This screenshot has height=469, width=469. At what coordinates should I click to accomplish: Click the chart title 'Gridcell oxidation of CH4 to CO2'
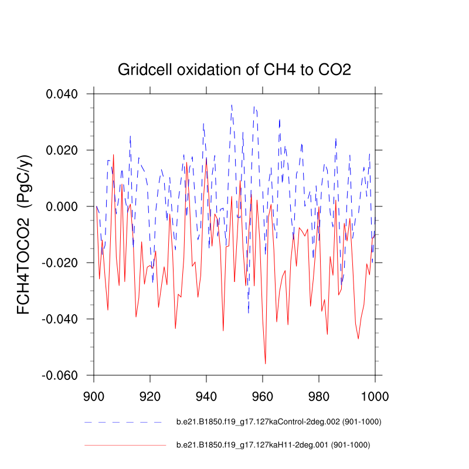coord(235,70)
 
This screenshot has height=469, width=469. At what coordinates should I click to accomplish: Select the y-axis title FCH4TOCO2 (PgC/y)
coord(24,235)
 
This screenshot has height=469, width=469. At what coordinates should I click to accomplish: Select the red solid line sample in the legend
coord(125,446)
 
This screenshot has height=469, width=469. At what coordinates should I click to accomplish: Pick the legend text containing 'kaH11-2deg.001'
coord(273,446)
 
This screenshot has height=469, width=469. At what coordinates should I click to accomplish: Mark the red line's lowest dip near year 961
coord(265,363)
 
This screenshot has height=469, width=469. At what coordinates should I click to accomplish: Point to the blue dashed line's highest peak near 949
coord(232,106)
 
